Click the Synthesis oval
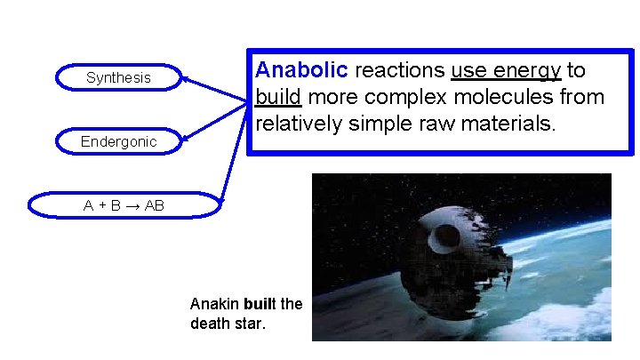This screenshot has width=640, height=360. coord(118,78)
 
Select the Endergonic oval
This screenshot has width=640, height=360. coord(118,141)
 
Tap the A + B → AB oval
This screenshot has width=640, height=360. coord(124,205)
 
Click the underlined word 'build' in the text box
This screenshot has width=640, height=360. coord(276,96)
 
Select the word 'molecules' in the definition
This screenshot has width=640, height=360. coord(492,96)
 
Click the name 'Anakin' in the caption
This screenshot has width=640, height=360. coord(210,305)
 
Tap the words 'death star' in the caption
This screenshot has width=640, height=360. coord(227,324)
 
